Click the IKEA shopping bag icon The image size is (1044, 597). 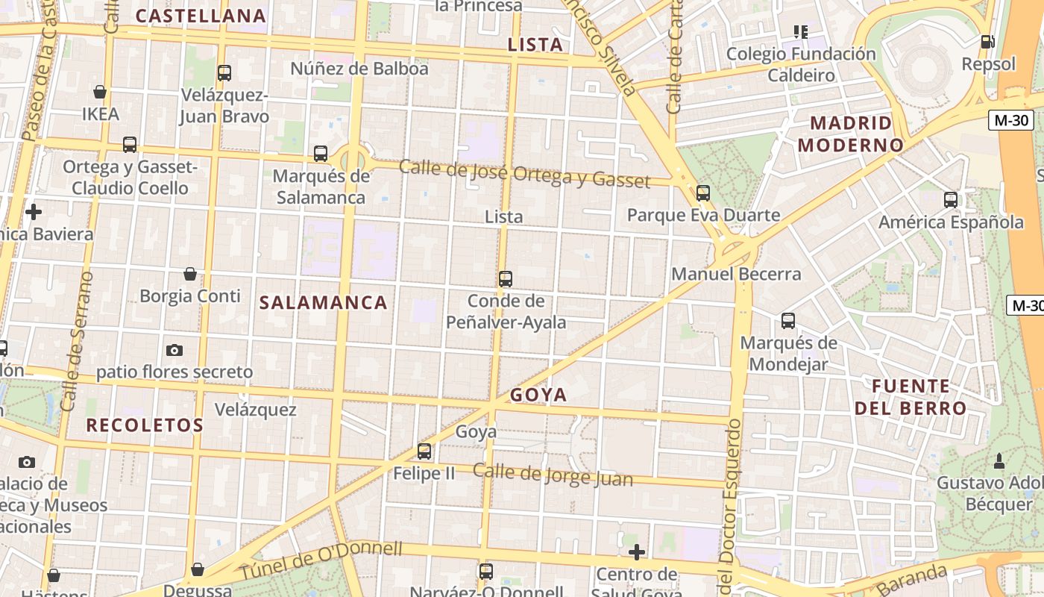(x=99, y=92)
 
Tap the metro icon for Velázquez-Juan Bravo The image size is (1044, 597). (x=224, y=73)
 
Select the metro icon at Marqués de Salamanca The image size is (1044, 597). (x=321, y=154)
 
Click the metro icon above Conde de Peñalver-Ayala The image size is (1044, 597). (x=506, y=279)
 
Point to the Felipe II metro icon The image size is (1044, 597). (x=424, y=451)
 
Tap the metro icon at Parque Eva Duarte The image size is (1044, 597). (x=703, y=193)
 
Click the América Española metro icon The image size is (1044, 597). (x=951, y=200)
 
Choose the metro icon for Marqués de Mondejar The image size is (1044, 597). (x=788, y=321)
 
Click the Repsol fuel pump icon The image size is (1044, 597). (x=988, y=42)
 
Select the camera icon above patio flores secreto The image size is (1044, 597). (x=174, y=350)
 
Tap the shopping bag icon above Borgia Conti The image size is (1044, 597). (x=190, y=274)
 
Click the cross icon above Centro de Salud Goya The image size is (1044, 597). (x=636, y=552)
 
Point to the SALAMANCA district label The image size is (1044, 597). (x=323, y=302)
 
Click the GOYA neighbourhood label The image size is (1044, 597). (x=538, y=395)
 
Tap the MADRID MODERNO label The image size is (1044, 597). (x=851, y=134)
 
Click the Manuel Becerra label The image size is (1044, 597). (x=736, y=274)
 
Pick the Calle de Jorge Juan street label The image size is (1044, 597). (x=553, y=475)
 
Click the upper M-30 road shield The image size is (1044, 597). (x=1010, y=120)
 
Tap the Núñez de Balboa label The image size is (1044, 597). (x=359, y=69)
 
